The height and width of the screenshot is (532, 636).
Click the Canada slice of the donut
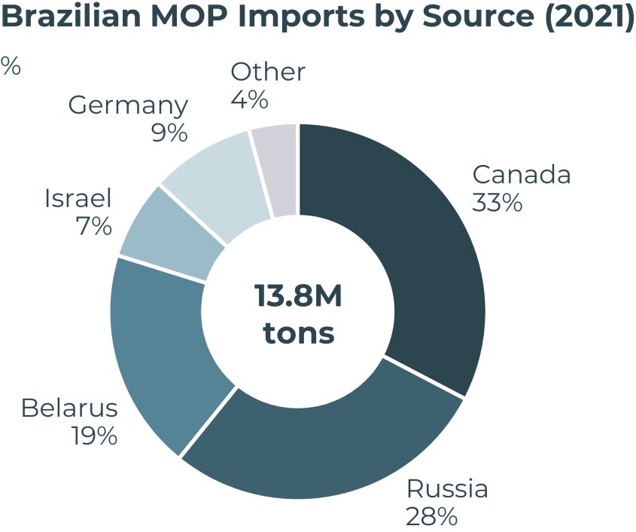tap(421, 249)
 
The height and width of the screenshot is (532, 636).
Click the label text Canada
tap(521, 175)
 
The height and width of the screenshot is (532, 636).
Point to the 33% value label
tap(497, 203)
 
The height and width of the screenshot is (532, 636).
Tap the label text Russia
tap(447, 489)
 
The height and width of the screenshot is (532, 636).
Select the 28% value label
tap(431, 517)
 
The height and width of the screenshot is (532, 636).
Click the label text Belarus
tap(69, 408)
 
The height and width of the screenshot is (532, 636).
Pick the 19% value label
tap(94, 436)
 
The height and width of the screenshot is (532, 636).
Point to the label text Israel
tap(78, 199)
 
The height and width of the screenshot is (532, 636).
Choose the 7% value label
tap(93, 226)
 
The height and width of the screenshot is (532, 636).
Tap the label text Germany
tap(128, 105)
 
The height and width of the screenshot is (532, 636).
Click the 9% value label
tap(169, 133)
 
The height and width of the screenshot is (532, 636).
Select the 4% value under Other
tap(250, 99)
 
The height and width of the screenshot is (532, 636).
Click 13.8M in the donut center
tap(298, 297)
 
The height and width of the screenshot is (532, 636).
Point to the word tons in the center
tap(298, 332)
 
